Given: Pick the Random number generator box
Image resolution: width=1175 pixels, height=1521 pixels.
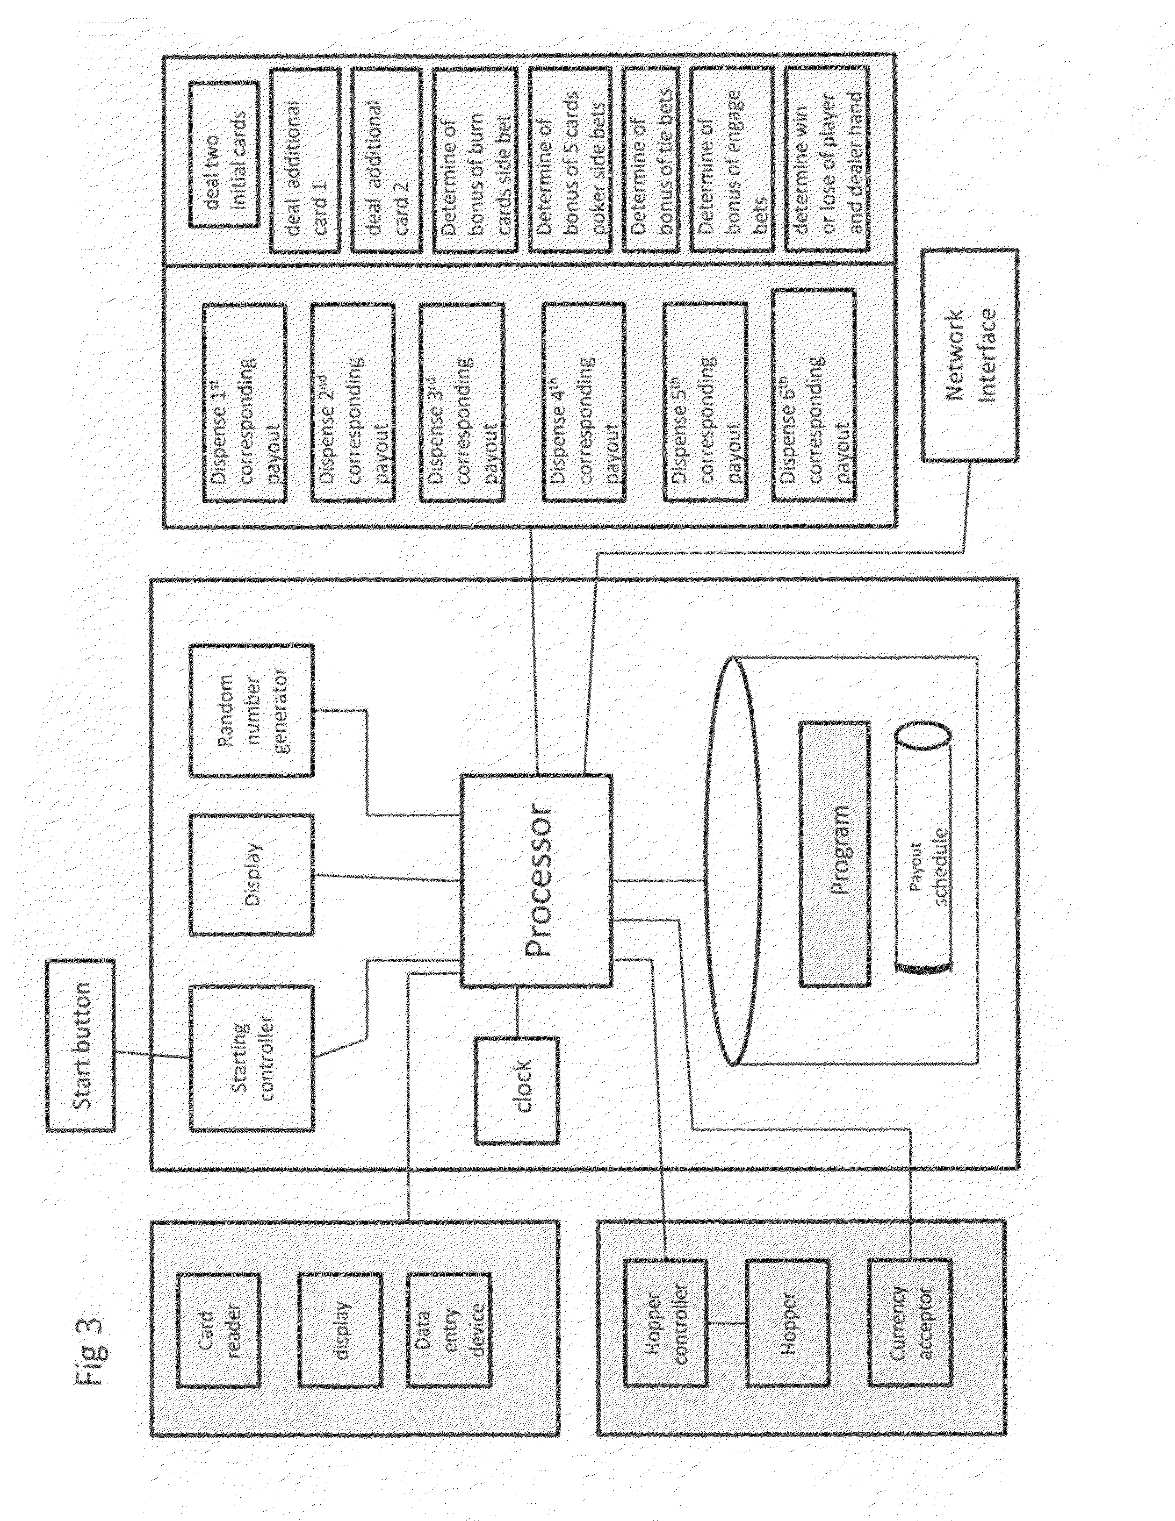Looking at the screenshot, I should point(251,710).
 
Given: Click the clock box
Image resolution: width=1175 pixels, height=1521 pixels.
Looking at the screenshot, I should point(516,1090).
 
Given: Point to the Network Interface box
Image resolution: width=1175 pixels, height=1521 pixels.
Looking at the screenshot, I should point(969,355).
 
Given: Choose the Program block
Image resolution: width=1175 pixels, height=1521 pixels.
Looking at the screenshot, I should point(834,853).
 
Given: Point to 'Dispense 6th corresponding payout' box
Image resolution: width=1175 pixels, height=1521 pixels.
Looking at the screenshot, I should point(813,396).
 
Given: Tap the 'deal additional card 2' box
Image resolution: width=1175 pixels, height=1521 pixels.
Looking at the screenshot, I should point(385,160).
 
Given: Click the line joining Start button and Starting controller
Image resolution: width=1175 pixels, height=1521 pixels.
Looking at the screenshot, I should point(152,1054).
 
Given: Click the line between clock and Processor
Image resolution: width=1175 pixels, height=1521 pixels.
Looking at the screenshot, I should point(516,1011).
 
